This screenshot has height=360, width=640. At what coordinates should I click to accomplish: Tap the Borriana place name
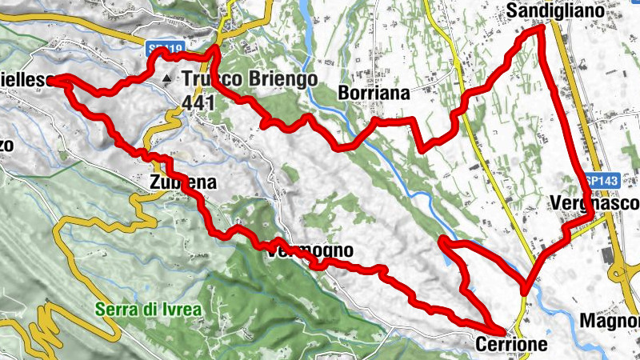[374, 93]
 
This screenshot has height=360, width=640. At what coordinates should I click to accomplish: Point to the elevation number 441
[199, 102]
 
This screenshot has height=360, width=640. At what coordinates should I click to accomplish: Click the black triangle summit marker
[166, 78]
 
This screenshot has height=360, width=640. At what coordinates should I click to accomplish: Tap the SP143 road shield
[601, 182]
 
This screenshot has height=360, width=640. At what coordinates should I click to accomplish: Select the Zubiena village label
[182, 182]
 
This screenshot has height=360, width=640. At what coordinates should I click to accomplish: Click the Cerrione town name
[511, 345]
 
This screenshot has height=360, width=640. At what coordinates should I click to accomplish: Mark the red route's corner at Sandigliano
[538, 28]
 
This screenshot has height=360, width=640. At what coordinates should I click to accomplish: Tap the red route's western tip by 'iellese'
[58, 79]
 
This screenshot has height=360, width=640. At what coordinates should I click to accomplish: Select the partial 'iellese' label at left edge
[26, 80]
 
